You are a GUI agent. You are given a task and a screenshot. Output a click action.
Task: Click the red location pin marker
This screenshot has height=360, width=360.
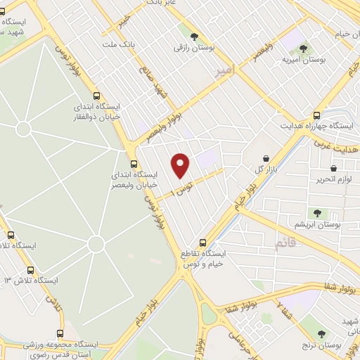click(181, 165)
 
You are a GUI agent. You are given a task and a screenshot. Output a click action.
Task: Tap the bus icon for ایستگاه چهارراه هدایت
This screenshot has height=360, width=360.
click(317, 115)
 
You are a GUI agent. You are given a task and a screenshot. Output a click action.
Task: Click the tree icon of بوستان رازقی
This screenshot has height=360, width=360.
click(194, 37)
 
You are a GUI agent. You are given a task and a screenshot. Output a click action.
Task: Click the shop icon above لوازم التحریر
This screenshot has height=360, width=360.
click(333, 169)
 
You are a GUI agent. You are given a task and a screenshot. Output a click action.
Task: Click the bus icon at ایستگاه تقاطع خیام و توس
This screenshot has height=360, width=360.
click(202, 241)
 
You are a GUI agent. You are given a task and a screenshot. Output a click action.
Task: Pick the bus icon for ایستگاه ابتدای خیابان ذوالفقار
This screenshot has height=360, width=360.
click(97, 97)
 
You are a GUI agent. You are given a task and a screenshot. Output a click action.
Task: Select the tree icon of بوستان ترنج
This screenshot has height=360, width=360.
click(322, 334)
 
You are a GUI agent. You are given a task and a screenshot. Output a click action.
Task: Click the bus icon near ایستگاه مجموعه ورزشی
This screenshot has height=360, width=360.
click(60, 333)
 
